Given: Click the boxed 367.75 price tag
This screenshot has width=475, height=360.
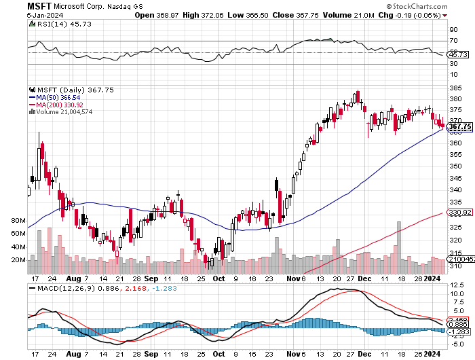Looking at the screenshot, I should pos(460,126).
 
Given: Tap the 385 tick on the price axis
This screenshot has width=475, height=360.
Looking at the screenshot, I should pos(456,87).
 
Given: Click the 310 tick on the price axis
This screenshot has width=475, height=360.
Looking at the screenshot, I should pos(456,266).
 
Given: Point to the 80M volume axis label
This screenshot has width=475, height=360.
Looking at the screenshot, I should pos(18,221).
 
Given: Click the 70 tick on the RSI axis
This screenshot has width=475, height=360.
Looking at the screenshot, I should pos(453,41).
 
